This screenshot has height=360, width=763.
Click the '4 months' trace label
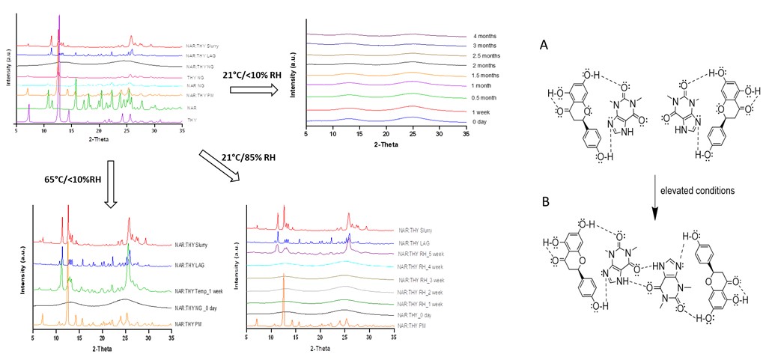pyautogui.click(x=484, y=36)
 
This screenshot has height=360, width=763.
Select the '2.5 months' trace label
pyautogui.click(x=487, y=55)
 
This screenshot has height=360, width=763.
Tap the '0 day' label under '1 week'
pyautogui.click(x=481, y=120)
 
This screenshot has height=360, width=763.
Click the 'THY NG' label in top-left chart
pyautogui.click(x=195, y=77)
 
